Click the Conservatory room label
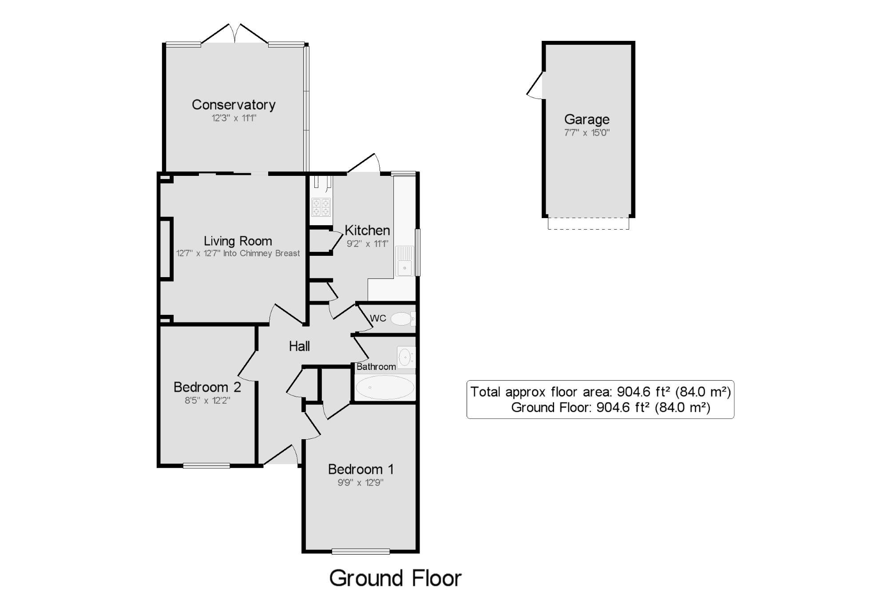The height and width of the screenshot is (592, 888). pyautogui.click(x=234, y=105)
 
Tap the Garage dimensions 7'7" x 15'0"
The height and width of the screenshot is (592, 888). pyautogui.click(x=587, y=132)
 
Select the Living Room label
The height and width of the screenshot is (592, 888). pyautogui.click(x=238, y=241)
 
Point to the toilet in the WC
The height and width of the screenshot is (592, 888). pyautogui.click(x=403, y=318)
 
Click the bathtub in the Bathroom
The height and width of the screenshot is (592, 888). pyautogui.click(x=385, y=387)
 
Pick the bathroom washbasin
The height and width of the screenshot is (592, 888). pyautogui.click(x=406, y=357)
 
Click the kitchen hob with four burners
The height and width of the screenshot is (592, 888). pyautogui.click(x=321, y=207)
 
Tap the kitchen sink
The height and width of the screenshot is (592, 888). pyautogui.click(x=404, y=261)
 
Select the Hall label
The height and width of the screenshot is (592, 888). pyautogui.click(x=299, y=346)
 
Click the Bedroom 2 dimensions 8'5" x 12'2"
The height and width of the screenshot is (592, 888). pyautogui.click(x=207, y=400)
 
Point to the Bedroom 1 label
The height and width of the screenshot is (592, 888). pyautogui.click(x=361, y=469)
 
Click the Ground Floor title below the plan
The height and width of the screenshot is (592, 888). pyautogui.click(x=395, y=578)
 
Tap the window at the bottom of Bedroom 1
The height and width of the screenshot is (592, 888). pyautogui.click(x=361, y=552)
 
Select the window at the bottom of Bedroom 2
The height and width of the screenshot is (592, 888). pyautogui.click(x=206, y=465)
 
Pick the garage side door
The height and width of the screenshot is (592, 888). pyautogui.click(x=535, y=85)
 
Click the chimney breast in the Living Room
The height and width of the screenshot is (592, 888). pyautogui.click(x=166, y=249)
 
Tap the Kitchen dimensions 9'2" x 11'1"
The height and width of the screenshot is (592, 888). pyautogui.click(x=367, y=243)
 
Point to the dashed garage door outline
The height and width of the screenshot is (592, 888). pyautogui.click(x=588, y=223)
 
